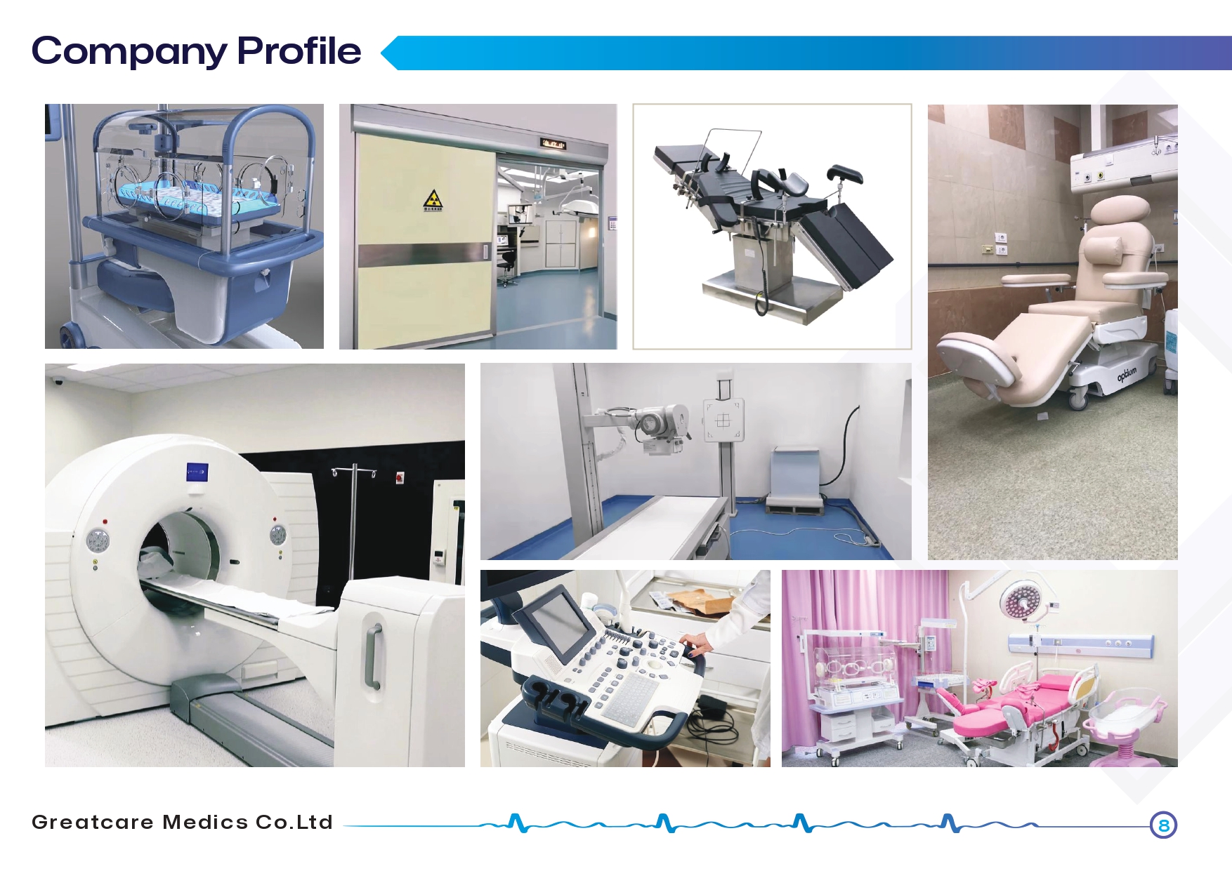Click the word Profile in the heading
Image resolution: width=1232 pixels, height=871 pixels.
pos(299,51)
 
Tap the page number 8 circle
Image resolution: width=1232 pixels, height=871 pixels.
pos(1163,825)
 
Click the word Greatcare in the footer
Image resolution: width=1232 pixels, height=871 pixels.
pos(93,822)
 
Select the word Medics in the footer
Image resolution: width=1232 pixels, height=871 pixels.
pos(205,822)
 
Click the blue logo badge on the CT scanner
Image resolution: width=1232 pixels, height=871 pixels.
pos(197,472)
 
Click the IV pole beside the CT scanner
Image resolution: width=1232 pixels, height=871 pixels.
pos(353,519)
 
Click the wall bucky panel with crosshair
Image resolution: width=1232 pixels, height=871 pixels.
pos(723,420)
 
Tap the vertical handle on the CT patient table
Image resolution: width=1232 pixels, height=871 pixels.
pos(374,656)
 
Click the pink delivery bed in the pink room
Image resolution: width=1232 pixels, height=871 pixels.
pos(1011,705)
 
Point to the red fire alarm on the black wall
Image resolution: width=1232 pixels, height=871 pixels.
pos(400,478)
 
